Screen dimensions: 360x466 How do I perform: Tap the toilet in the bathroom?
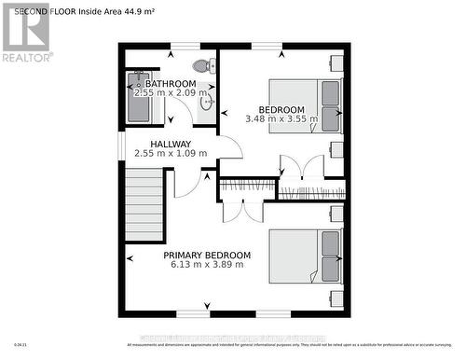[x=201, y=66]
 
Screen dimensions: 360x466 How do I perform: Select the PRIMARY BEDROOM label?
[x=207, y=255]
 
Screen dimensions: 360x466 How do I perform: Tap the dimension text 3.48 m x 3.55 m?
[x=281, y=118]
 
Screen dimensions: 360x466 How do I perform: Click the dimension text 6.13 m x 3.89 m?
[x=207, y=265]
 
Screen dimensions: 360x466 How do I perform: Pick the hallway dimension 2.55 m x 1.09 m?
[x=171, y=154]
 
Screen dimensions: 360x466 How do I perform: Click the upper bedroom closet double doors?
[x=301, y=170]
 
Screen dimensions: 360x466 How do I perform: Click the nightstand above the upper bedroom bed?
[x=336, y=64]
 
